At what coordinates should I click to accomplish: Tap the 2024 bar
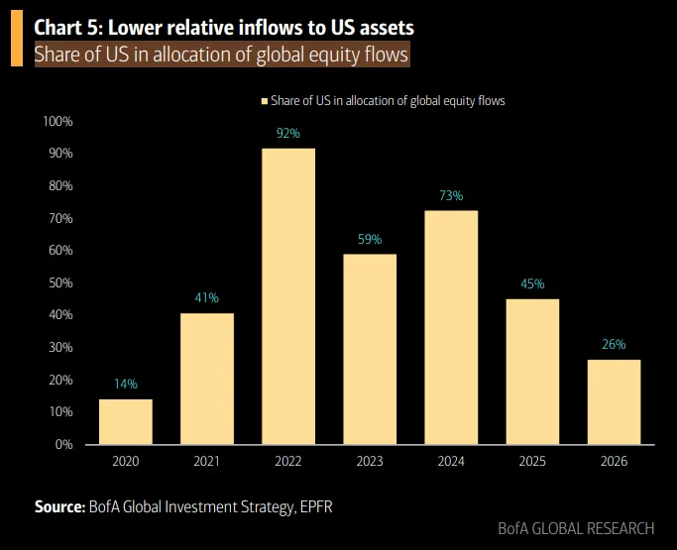pos(451,327)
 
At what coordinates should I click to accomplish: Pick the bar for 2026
pos(614,401)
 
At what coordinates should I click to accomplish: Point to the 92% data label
pos(288,134)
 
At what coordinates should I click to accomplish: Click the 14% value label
pos(126,384)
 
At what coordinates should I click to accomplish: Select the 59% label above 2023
pos(370,239)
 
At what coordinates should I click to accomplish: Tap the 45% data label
pos(532,283)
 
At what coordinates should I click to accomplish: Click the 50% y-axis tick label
pos(59,282)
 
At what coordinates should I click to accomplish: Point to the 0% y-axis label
pos(63,444)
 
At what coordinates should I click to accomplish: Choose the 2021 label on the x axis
pos(207,462)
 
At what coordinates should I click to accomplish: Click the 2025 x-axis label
pos(532,462)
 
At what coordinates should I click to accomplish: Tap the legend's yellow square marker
pos(264,101)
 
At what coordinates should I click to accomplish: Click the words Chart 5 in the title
pos(70,27)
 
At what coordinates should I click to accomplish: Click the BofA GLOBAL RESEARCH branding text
pos(576,529)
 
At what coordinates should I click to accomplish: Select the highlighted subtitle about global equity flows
pos(221,55)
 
